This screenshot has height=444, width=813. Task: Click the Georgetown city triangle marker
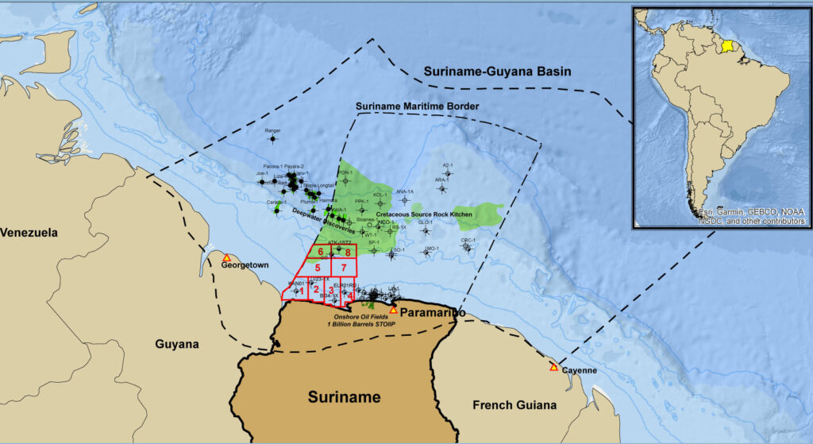tap(226, 258)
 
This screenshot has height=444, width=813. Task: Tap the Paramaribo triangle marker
tap(393, 309)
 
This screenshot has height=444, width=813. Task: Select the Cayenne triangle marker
tap(553, 367)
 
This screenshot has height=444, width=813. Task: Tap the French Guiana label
tap(514, 405)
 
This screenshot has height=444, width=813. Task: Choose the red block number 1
tap(302, 291)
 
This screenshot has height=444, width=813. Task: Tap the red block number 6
tap(320, 252)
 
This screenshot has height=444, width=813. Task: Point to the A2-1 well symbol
tap(448, 173)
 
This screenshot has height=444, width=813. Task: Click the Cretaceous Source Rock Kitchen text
tap(424, 214)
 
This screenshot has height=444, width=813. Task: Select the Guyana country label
tap(176, 345)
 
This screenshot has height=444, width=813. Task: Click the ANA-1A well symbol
tap(405, 200)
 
